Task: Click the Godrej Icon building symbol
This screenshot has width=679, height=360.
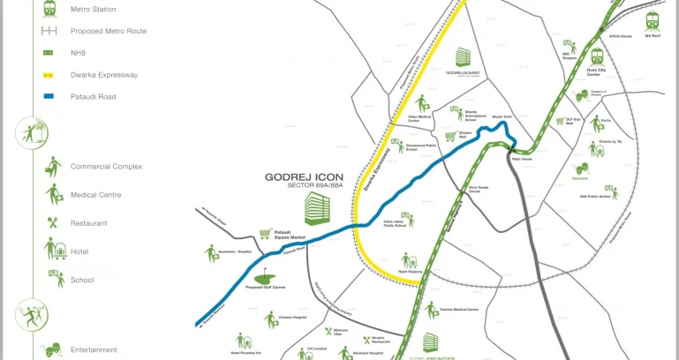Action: (316, 207)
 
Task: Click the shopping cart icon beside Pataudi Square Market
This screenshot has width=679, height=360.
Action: (263, 235)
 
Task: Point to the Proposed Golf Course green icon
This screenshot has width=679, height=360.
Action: (266, 273)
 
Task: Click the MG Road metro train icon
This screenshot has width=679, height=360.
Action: (653, 20)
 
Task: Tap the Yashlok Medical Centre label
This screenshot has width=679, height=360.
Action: (458, 309)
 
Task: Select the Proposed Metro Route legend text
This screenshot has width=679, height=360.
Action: (109, 31)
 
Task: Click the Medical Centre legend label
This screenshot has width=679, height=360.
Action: (95, 195)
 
